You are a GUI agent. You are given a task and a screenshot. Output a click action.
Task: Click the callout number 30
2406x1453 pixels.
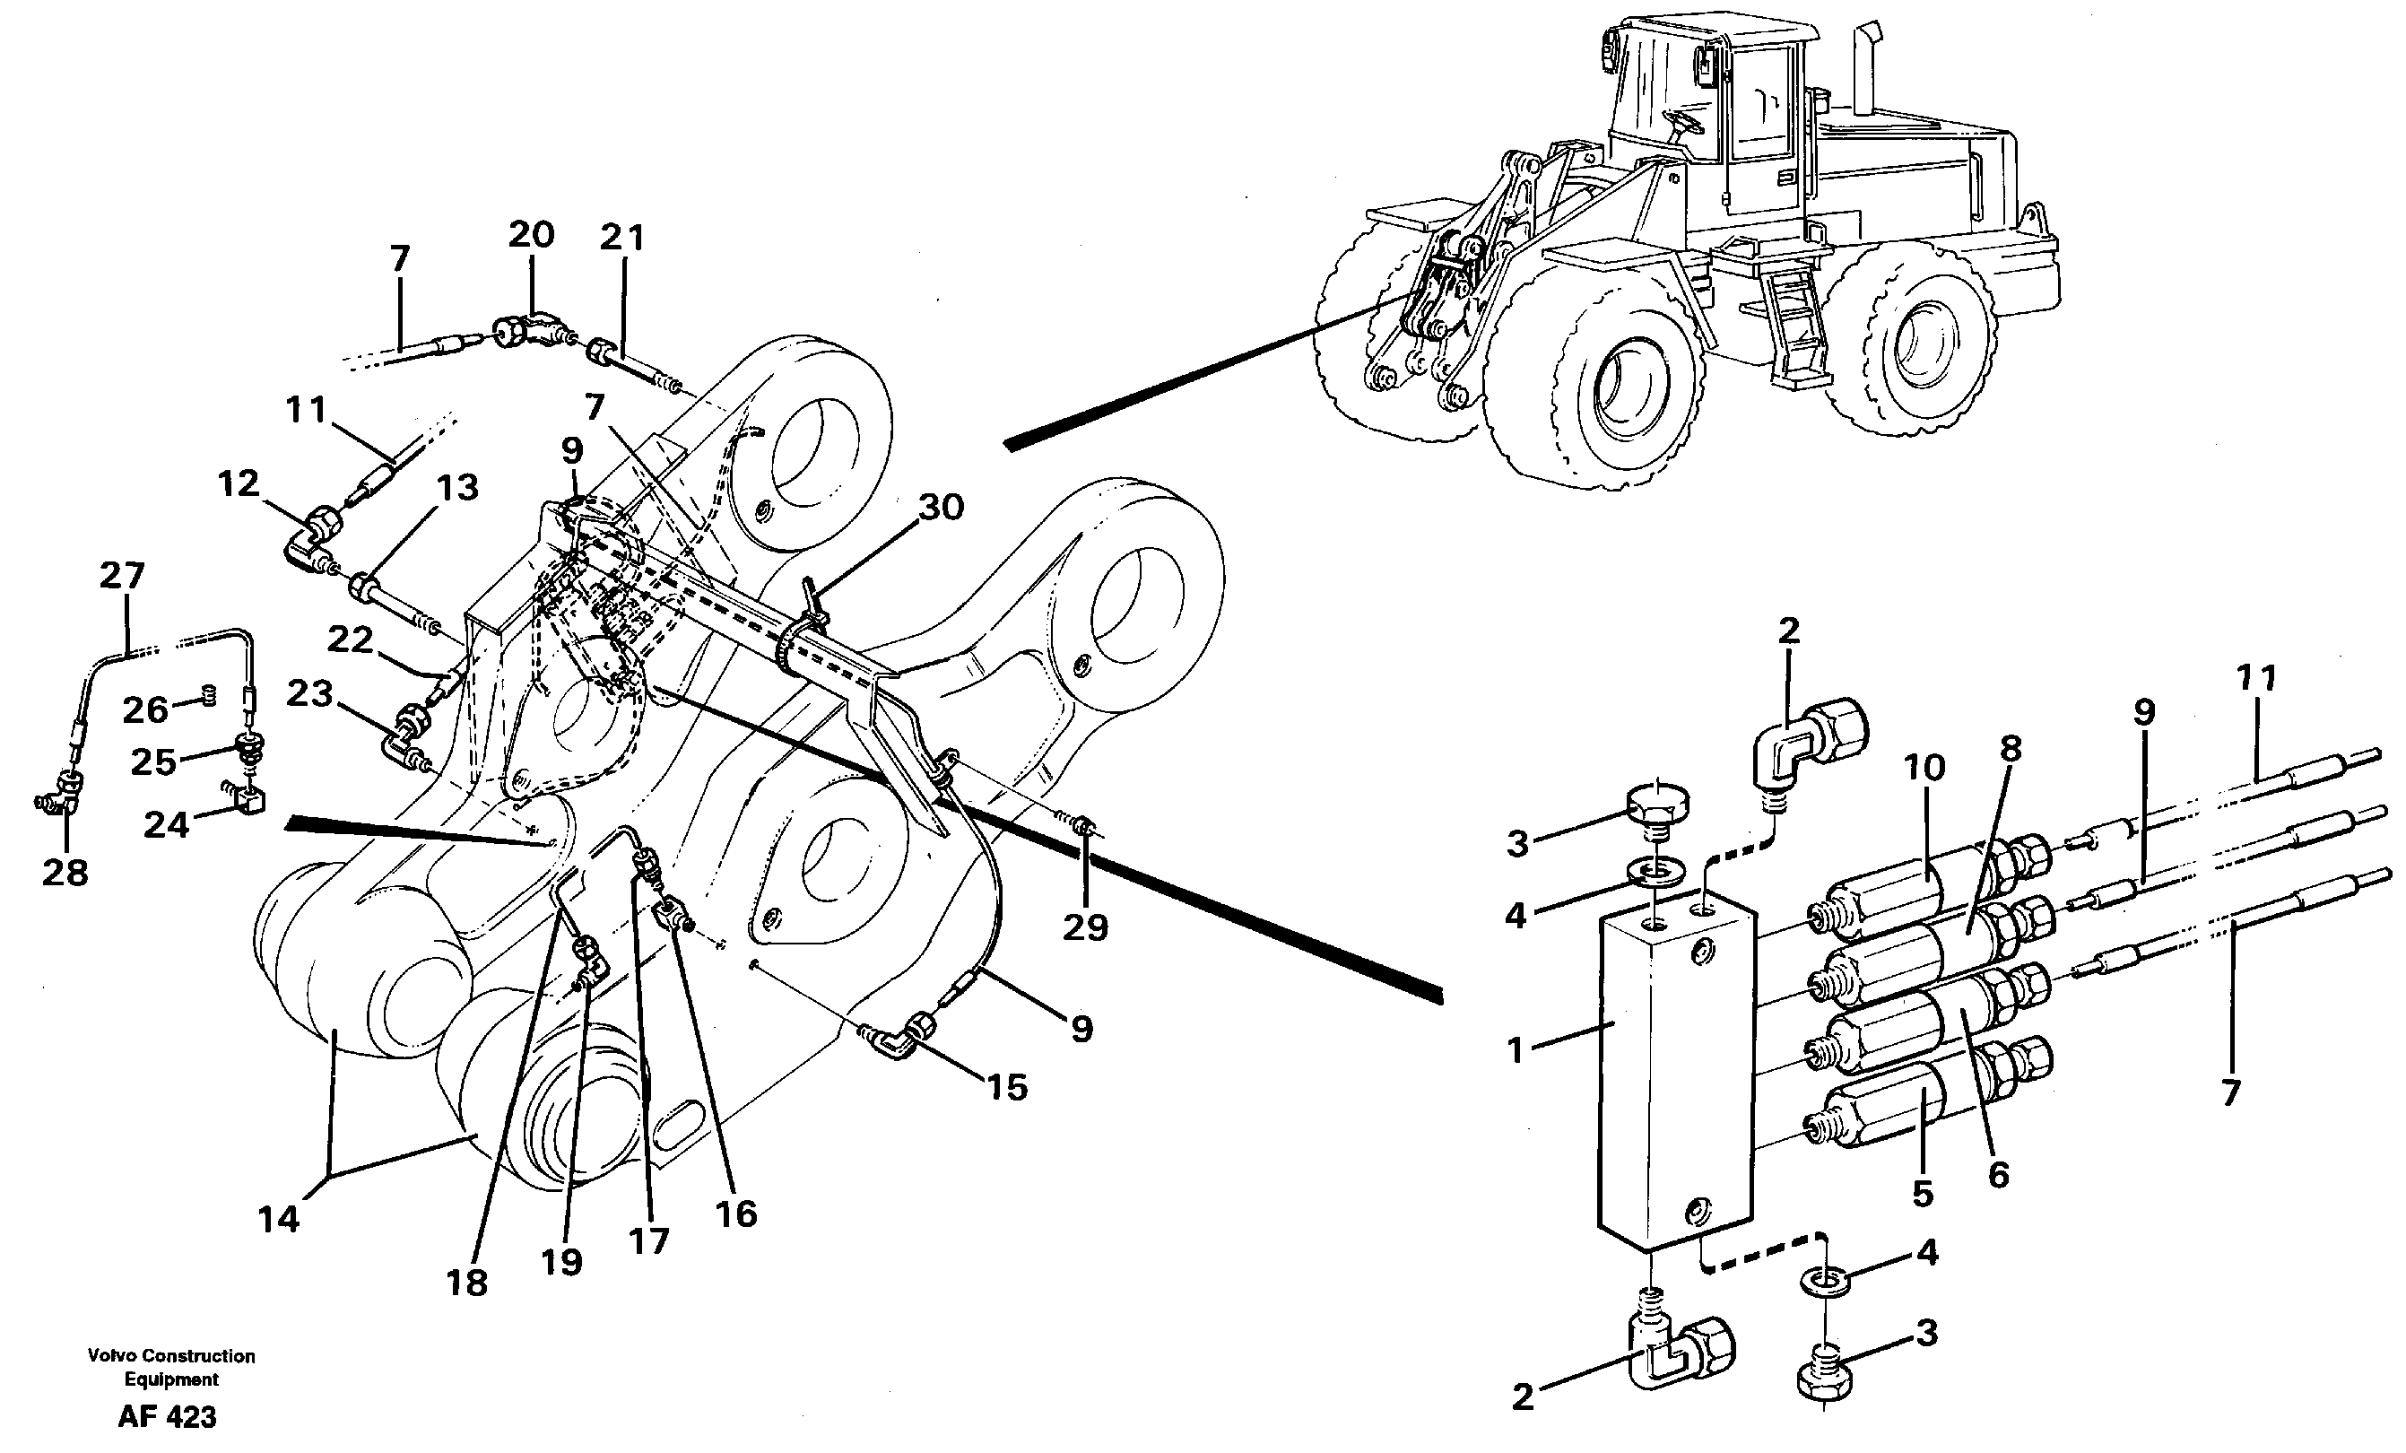941,507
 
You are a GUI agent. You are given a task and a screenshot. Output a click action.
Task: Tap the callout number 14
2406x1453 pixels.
278,1218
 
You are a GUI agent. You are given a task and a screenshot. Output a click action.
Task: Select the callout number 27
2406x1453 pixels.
122,576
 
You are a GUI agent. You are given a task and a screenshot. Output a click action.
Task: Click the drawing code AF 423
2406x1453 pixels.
167,1417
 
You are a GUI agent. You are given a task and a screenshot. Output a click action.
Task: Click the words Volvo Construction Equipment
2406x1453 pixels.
171,1367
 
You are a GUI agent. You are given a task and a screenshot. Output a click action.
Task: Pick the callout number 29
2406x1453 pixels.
1085,927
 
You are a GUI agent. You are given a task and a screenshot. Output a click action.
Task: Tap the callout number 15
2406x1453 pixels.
1008,1087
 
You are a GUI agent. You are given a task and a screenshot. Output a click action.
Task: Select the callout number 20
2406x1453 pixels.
531,234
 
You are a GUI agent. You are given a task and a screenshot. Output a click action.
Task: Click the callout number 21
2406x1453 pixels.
622,238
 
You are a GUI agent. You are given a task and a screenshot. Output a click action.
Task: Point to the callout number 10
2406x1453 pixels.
1924,768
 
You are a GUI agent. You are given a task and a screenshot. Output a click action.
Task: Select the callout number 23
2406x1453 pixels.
309,694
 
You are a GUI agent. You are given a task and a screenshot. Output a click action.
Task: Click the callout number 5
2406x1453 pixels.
1923,1193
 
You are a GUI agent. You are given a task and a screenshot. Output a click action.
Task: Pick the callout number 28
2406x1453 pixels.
65,872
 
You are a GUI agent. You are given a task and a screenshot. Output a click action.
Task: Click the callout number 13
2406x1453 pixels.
457,487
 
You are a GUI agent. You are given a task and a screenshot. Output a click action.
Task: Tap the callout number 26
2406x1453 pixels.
145,709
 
